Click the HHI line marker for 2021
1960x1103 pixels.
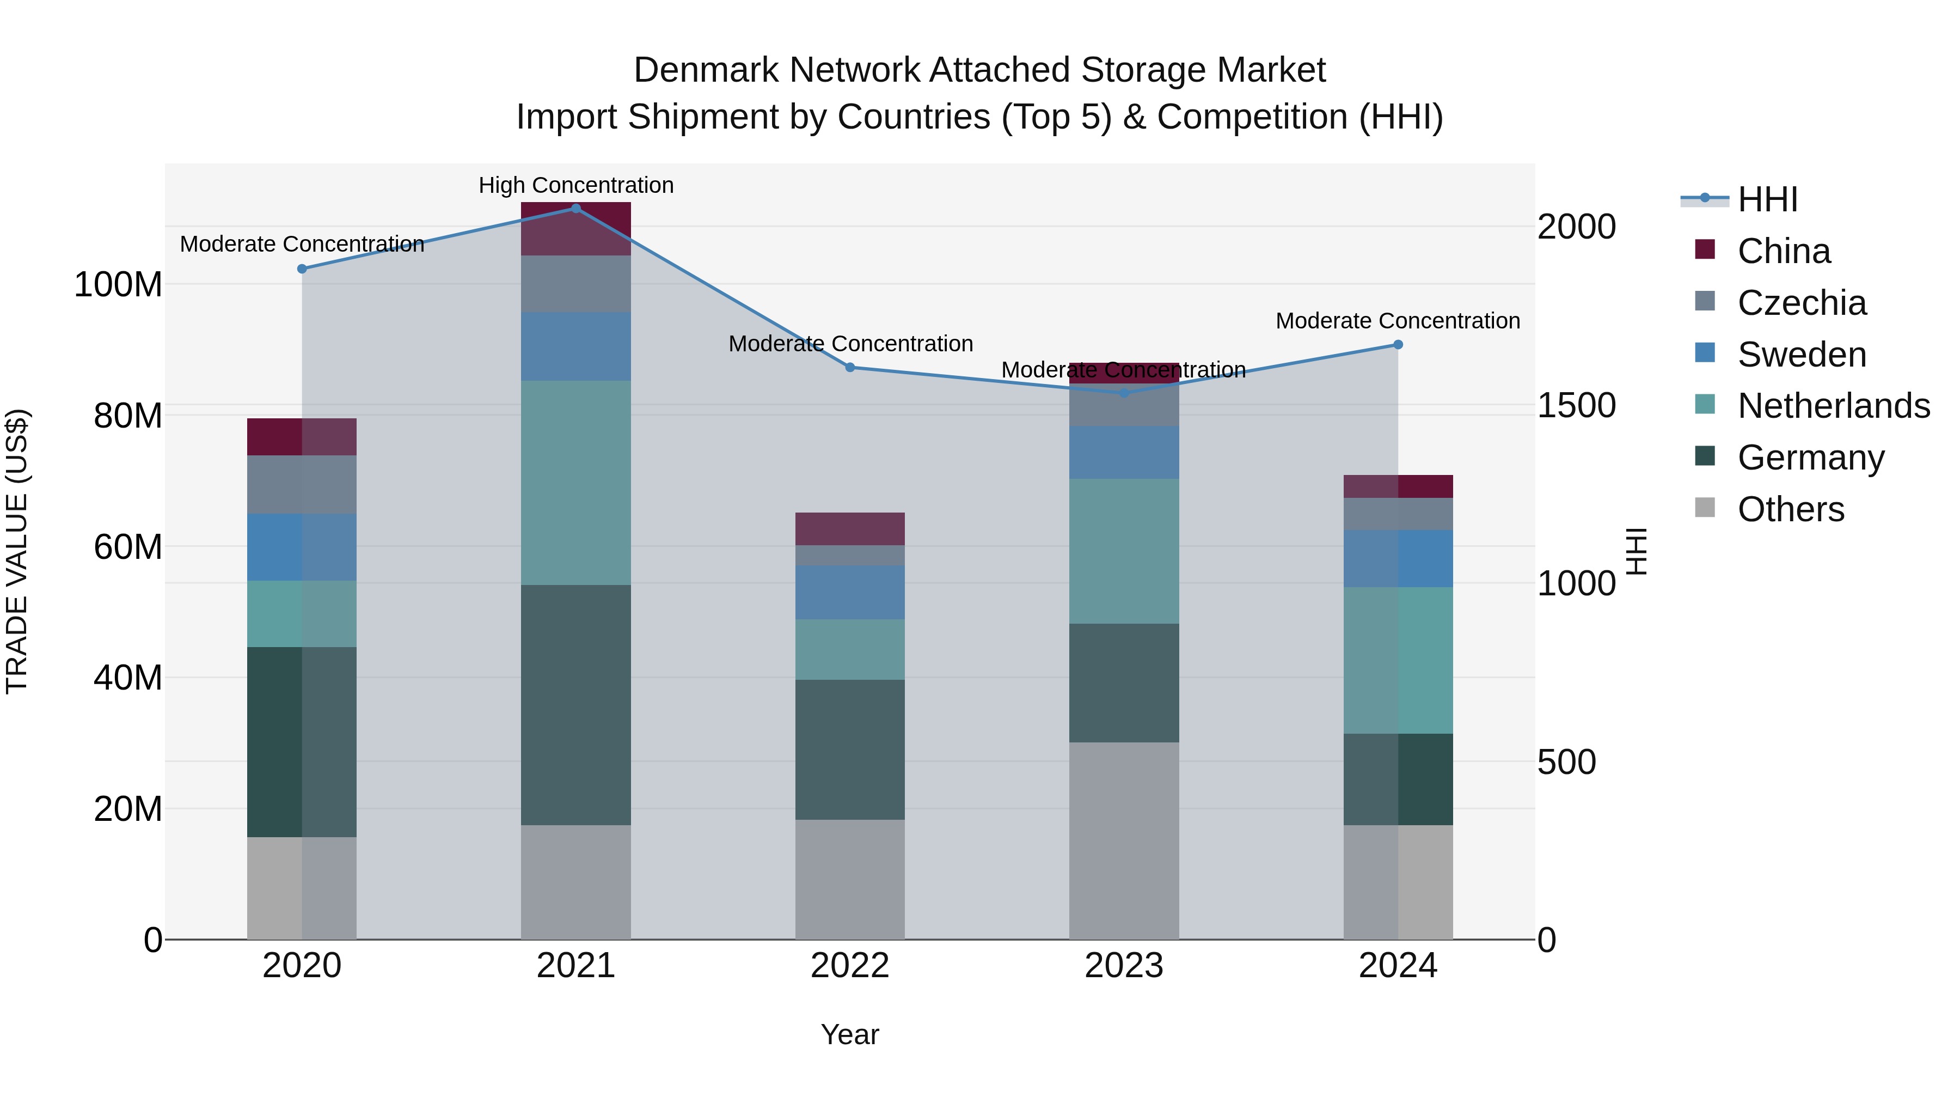[576, 209]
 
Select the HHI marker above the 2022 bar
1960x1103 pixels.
[850, 368]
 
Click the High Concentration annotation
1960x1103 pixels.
[576, 185]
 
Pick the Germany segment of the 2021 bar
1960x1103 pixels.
[576, 704]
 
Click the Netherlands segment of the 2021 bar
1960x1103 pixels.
[576, 483]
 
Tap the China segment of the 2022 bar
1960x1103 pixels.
[850, 528]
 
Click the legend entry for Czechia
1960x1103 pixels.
[1802, 303]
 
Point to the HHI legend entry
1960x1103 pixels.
[1767, 199]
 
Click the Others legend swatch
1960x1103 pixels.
[1705, 508]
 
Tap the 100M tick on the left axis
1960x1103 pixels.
[119, 285]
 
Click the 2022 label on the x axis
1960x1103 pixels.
[850, 966]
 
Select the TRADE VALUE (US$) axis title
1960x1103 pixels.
[17, 551]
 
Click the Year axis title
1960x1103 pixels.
[850, 1034]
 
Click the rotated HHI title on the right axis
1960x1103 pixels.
[1636, 551]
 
